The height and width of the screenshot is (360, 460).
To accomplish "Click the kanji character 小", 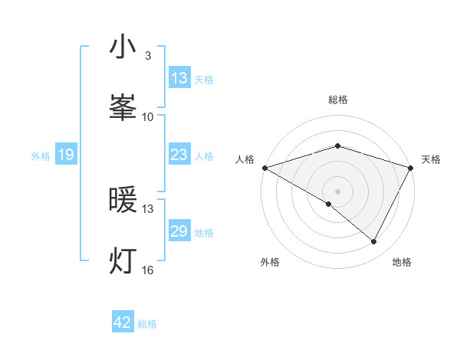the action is (x=123, y=47).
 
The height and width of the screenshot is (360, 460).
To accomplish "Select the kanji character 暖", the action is (x=123, y=201).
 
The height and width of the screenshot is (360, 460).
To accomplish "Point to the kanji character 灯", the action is (x=123, y=261).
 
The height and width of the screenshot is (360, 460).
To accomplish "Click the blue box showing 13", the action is (x=179, y=78).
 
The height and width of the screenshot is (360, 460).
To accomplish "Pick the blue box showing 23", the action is (x=179, y=155).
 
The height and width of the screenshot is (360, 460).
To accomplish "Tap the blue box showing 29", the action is (x=179, y=232).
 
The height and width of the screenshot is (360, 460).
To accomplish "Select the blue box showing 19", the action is (x=65, y=155).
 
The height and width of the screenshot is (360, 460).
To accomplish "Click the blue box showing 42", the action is (x=123, y=322).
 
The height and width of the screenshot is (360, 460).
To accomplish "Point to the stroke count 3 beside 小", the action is (x=148, y=56).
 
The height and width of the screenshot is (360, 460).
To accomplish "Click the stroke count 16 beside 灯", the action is (x=148, y=270).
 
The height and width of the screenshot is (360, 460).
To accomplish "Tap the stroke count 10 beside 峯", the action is (x=148, y=116).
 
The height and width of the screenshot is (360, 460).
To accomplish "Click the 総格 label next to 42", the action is (x=147, y=324).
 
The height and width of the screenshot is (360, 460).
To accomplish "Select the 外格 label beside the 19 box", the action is (x=41, y=156).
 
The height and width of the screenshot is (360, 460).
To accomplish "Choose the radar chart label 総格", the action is (x=338, y=100).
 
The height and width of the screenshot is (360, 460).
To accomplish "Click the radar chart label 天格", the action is (x=431, y=159).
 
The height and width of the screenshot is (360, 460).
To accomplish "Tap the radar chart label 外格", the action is (x=270, y=262).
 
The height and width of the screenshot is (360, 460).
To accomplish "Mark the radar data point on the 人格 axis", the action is (x=264, y=168).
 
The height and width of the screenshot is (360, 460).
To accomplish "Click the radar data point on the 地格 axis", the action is (x=374, y=242).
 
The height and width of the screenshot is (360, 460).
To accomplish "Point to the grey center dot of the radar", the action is (x=338, y=191).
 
